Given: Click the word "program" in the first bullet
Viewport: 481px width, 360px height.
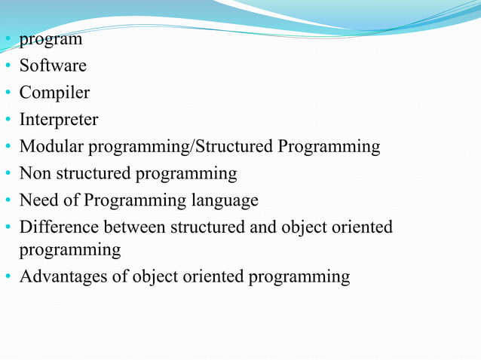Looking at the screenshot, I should (x=51, y=40).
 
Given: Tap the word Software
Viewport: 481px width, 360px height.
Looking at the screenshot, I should (x=53, y=66).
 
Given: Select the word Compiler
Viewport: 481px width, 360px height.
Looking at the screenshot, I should (x=54, y=93).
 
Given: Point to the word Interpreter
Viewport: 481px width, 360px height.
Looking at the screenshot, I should (x=59, y=120).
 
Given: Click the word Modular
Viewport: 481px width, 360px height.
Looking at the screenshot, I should (x=49, y=146).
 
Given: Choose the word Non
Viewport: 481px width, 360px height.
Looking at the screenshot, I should (x=34, y=173).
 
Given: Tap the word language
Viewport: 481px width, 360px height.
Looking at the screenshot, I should (x=224, y=201).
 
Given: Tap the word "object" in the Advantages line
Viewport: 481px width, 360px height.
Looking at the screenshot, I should (x=155, y=277).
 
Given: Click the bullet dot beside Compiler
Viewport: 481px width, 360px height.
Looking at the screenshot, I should (x=8, y=94).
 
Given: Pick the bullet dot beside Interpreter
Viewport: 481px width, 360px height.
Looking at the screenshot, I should (x=8, y=121).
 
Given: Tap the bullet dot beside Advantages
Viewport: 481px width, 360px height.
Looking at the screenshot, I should (x=8, y=278).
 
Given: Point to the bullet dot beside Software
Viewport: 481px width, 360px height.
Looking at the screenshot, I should (x=8, y=67).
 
